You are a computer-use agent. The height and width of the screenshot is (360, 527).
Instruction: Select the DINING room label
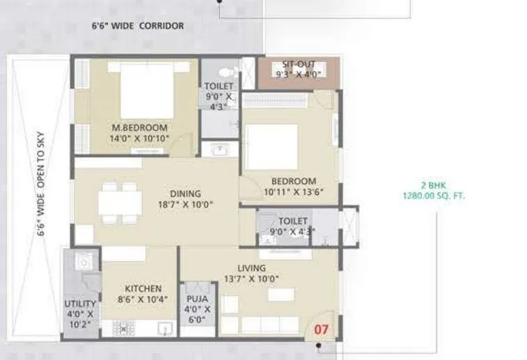pyautogui.click(x=185, y=194)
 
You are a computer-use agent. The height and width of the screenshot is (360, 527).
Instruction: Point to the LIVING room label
pyautogui.click(x=251, y=268)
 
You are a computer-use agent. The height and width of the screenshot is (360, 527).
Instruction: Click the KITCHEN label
pyautogui.click(x=143, y=288)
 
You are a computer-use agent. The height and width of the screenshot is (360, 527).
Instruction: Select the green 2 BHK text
pyautogui.click(x=432, y=185)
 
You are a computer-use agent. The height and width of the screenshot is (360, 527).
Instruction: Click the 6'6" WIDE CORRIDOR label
pyautogui.click(x=138, y=26)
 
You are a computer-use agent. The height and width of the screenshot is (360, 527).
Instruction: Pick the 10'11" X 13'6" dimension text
pyautogui.click(x=294, y=191)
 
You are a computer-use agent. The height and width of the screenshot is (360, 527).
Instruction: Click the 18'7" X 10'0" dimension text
pyautogui.click(x=185, y=205)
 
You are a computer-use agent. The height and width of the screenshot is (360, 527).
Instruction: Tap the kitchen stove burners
pyautogui.click(x=123, y=327)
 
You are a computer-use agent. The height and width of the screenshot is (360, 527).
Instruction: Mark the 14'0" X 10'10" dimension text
pyautogui.click(x=140, y=138)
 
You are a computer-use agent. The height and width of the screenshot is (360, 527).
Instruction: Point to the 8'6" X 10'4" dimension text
pyautogui.click(x=143, y=299)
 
